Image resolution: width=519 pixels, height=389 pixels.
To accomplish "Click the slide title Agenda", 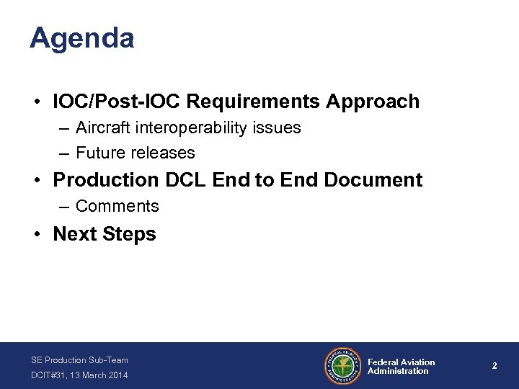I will [81, 38].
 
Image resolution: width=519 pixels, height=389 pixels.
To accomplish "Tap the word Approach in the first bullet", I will [372, 102].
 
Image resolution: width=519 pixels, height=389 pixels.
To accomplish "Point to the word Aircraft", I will [102, 128].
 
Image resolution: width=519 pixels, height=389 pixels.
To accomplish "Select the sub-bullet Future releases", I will [135, 153].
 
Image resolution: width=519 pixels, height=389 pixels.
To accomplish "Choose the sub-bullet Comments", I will [117, 206].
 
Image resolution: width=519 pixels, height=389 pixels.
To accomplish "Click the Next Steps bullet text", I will [105, 234].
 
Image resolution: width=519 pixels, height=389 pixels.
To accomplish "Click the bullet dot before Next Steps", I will [37, 235].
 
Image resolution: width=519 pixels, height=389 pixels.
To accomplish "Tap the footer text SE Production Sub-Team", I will [79, 359].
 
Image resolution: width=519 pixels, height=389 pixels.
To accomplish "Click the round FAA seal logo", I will [343, 366].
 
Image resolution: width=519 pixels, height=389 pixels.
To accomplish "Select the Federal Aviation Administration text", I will [401, 367].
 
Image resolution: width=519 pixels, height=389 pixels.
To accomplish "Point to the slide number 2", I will [494, 366].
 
